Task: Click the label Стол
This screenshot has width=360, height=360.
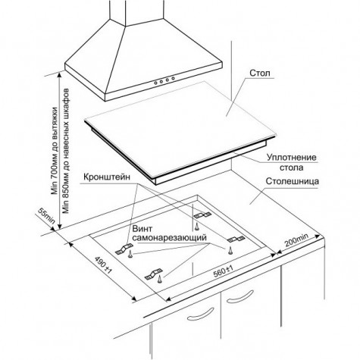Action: coord(260,73)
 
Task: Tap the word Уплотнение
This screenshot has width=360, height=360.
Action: coord(292,158)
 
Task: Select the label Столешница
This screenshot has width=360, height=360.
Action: coord(292,181)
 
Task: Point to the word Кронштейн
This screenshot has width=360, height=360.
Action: coord(107,177)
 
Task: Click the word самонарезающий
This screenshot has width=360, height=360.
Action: coord(170,238)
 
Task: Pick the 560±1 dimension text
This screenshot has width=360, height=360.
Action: coord(223,271)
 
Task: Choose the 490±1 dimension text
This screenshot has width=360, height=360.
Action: coord(102,265)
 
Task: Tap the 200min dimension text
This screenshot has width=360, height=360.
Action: coord(297,239)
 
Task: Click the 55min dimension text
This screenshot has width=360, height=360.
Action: coord(46,215)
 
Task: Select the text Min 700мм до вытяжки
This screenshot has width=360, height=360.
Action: coord(55,151)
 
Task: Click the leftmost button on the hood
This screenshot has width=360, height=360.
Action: coord(156,83)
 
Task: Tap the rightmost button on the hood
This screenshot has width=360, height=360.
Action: coord(173,78)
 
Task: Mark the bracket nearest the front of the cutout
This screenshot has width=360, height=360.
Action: coord(154,274)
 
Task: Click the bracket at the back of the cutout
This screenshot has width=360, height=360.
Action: coord(202,215)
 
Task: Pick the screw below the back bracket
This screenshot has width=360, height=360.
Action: coord(196,227)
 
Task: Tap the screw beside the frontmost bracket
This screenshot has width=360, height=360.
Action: coord(160,280)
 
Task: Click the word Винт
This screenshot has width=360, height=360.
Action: coord(142,229)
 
